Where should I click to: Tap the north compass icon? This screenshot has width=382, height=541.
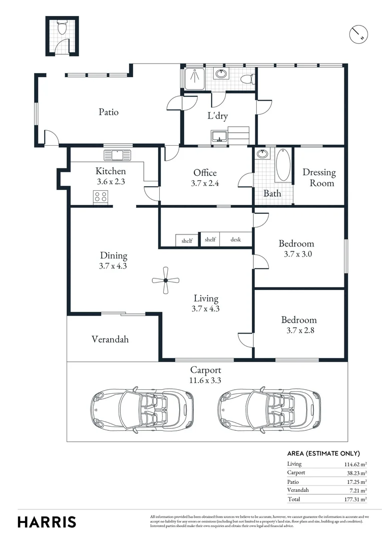pyautogui.click(x=358, y=34)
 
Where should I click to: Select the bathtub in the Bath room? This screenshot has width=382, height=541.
pyautogui.click(x=282, y=165)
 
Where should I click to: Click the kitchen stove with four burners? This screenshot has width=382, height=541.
pyautogui.click(x=101, y=197)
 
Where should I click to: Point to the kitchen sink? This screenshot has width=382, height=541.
pyautogui.click(x=117, y=155)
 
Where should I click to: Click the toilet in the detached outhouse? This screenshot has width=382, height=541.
pyautogui.click(x=62, y=28)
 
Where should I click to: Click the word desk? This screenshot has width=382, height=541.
pyautogui.click(x=235, y=240)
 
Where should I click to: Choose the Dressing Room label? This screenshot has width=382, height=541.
pyautogui.click(x=319, y=178)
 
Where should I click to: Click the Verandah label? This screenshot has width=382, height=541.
pyautogui.click(x=110, y=339)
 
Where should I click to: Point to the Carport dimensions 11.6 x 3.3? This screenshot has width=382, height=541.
pyautogui.click(x=206, y=380)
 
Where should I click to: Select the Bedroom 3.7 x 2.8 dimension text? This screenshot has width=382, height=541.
pyautogui.click(x=298, y=331)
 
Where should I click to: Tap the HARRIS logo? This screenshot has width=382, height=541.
pyautogui.click(x=47, y=521)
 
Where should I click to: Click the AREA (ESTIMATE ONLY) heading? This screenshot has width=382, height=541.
pyautogui.click(x=323, y=453)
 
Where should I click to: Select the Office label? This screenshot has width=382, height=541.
pyautogui.click(x=205, y=173)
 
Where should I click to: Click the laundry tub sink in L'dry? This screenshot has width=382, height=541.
pyautogui.click(x=219, y=136)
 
